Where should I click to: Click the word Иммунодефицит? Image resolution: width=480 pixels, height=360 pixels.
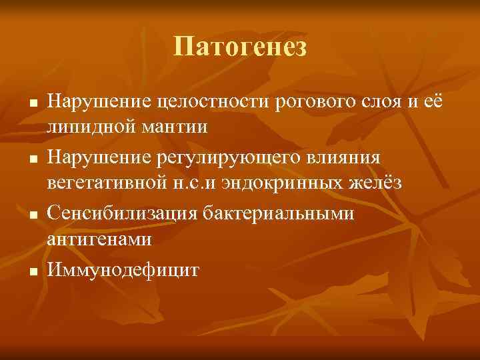122,271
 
